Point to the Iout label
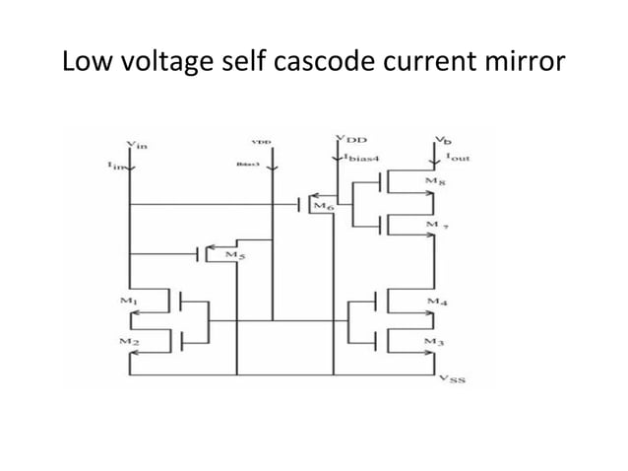456,158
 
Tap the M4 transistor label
437,299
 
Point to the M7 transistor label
437,226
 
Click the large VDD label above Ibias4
347,139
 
